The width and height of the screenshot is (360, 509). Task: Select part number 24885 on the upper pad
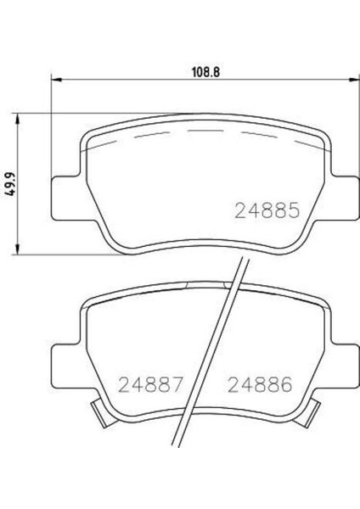[263, 209]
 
